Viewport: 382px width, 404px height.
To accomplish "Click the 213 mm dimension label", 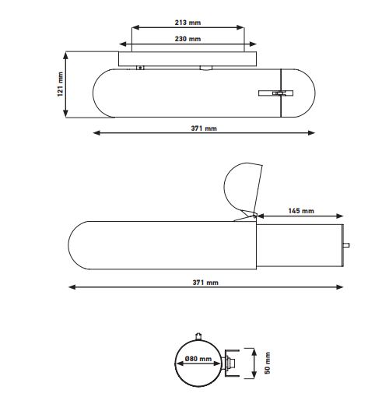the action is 187,23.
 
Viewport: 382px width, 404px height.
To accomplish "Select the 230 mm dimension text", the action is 187,39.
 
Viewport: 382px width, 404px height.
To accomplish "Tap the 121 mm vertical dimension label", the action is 60,84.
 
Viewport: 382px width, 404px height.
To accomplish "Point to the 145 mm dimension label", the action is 301,211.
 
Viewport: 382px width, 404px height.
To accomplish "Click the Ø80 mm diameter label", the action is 198,359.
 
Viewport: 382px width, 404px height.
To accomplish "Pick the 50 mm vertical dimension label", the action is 268,363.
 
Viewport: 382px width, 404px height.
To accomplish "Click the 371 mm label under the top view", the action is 204,128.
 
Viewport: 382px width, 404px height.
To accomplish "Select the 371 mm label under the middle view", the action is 205,283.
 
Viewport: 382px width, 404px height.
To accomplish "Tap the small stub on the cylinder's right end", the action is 346,245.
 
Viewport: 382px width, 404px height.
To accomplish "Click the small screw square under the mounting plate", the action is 140,68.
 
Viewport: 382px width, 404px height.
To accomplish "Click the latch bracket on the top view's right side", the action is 276,93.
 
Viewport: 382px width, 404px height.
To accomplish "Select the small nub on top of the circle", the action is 198,336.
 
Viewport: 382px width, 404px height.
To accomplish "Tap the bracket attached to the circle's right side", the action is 231,363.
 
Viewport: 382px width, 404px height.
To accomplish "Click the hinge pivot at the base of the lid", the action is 254,216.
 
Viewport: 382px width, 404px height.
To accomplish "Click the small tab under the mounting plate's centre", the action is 206,68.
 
